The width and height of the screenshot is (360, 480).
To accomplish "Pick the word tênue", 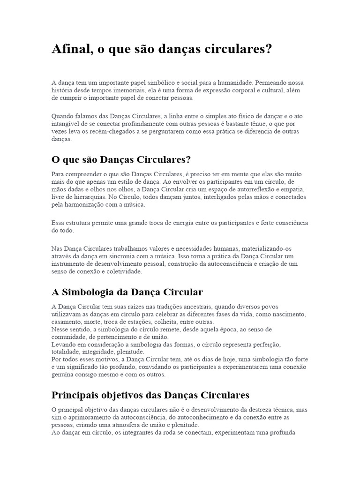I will point(253,123).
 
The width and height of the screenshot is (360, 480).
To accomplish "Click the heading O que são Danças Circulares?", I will point(121,160).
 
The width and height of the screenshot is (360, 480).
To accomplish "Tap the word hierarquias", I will point(86,197).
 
